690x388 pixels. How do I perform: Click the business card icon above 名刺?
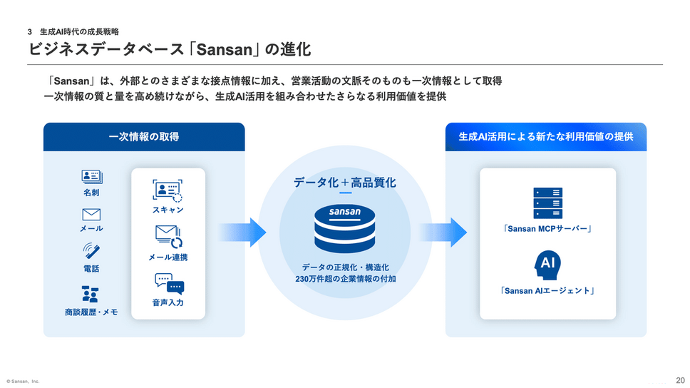click(91, 177)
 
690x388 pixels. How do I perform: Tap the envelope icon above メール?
click(91, 214)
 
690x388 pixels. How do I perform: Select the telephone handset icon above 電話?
click(91, 252)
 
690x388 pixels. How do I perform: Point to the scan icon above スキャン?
click(168, 190)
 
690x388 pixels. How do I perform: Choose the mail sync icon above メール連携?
click(169, 236)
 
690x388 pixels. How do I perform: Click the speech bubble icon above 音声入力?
click(169, 284)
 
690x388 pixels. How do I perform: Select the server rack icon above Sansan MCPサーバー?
click(547, 203)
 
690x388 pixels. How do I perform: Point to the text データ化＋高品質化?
click(345, 182)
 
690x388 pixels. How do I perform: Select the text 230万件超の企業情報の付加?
click(345, 279)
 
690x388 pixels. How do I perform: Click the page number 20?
click(680, 379)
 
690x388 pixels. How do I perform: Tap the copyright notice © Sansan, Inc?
click(23, 382)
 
